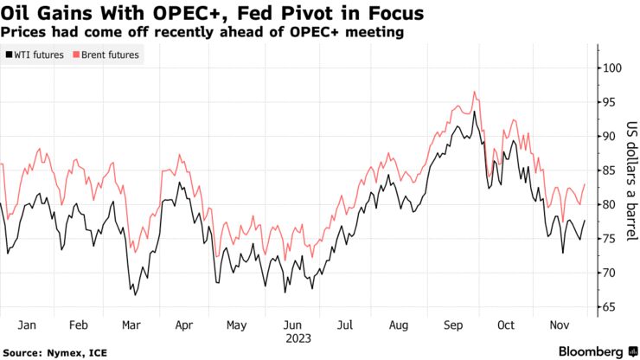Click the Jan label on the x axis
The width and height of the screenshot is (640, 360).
tap(26, 325)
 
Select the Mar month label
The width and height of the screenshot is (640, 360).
tap(131, 325)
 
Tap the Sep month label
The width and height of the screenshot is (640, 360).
tap(452, 325)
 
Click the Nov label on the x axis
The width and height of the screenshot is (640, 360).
tap(560, 325)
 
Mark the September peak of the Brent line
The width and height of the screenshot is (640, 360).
tap(474, 92)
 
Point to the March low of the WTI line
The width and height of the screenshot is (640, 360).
tap(136, 295)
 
